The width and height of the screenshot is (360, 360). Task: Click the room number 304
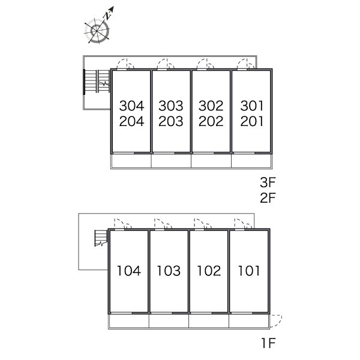tap(131, 106)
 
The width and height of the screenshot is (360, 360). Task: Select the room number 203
tap(171, 121)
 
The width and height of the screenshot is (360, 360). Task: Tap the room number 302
tap(211, 106)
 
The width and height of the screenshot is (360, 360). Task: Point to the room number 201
tap(251, 121)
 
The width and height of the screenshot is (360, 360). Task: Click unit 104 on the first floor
tap(129, 271)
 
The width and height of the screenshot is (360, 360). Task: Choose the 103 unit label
tap(169, 271)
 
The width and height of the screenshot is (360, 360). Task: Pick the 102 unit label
tap(209, 271)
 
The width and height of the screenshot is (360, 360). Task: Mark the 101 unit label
tap(249, 271)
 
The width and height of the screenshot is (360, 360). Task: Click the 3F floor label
tap(268, 182)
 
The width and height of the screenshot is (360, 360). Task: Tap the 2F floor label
tap(268, 197)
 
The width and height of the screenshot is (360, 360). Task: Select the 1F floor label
tap(268, 343)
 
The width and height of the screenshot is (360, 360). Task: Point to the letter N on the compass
tap(107, 16)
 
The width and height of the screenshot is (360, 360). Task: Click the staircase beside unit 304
tap(97, 81)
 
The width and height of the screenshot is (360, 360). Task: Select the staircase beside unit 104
tap(101, 238)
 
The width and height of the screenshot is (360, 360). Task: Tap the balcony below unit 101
tap(249, 321)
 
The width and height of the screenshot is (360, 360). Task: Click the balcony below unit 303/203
tap(171, 161)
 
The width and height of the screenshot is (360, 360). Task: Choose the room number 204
tap(131, 121)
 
